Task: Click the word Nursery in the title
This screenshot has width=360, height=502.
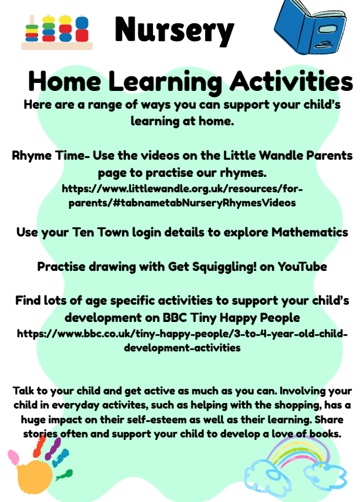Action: [174, 30]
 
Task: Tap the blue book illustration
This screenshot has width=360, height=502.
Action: [310, 27]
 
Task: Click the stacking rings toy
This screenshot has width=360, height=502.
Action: [57, 33]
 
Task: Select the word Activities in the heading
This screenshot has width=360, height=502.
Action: [291, 81]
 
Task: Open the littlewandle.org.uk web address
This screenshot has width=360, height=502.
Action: [182, 195]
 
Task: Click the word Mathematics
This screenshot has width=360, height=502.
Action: [310, 232]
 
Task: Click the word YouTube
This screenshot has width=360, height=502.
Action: [302, 267]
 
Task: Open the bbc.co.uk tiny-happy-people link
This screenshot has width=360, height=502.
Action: [182, 340]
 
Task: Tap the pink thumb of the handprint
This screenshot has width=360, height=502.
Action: [13, 457]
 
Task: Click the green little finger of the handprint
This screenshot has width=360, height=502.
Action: [65, 474]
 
